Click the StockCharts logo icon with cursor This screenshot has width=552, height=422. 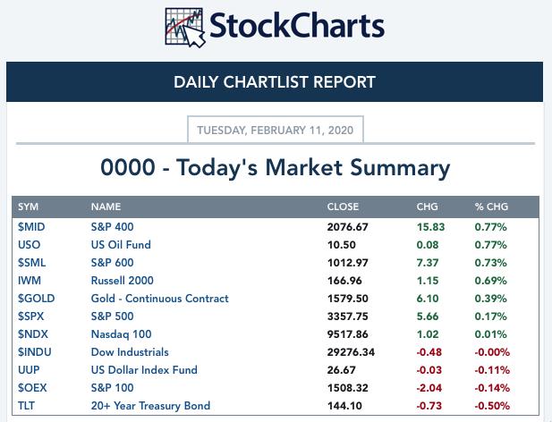coord(185,28)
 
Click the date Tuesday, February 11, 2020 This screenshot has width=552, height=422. coord(275,131)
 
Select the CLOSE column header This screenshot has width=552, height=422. coord(343,207)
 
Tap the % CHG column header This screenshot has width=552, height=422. coord(491,207)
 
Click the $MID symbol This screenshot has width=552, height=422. coord(31,227)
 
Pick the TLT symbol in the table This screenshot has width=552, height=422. coord(27,406)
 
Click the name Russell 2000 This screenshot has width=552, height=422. coord(123,280)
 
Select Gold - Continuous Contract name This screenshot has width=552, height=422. coord(160,299)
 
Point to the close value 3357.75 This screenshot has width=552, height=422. coord(347,316)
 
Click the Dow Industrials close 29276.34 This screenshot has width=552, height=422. coord(351,352)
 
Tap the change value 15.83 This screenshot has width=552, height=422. coord(431,227)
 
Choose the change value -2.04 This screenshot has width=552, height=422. coord(429,388)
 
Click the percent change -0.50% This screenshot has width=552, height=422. coord(492,406)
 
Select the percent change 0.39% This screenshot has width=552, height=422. coord(491,299)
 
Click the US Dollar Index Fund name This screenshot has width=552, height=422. coord(144,369)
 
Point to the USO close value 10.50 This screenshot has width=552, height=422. coord(342,245)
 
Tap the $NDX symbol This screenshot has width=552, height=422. coord(33,334)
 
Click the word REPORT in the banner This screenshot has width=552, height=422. coord(344,82)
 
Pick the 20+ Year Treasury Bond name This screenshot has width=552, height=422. coord(150,406)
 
